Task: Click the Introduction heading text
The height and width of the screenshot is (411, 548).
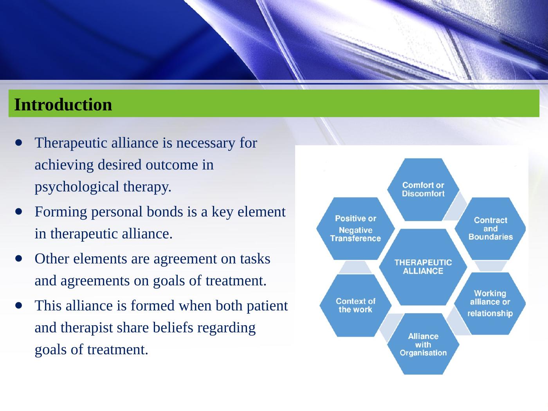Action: coord(63,105)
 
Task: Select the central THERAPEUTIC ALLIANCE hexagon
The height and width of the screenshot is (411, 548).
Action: coord(423,267)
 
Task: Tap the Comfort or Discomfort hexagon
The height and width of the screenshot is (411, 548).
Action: coord(423,190)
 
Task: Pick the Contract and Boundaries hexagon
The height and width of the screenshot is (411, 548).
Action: coord(490,229)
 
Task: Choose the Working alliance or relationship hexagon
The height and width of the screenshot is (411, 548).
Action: coord(490,303)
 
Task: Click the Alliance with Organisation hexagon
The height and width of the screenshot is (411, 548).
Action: coord(423,344)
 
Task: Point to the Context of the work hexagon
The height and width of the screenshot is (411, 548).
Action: coord(355,305)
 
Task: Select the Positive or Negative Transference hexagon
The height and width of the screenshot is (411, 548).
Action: coord(355,229)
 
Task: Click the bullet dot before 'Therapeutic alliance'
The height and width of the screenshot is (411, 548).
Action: coord(19,143)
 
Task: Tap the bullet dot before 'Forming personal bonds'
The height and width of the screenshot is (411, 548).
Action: coord(19,212)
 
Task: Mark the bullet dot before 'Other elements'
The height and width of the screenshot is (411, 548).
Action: coord(19,258)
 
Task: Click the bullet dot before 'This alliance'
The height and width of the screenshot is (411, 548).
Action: coord(19,305)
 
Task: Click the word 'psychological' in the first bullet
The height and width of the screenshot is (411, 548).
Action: coord(77,187)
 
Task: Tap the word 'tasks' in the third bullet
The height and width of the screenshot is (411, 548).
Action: coord(255,259)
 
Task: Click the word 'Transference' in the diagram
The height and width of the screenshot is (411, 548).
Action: coord(355,238)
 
